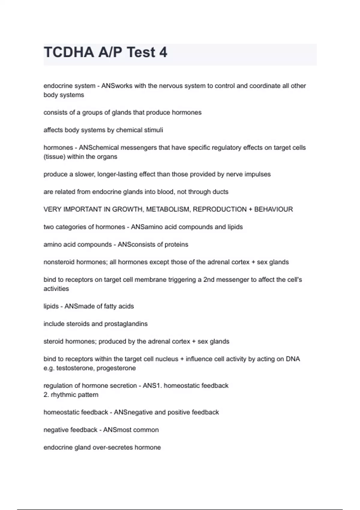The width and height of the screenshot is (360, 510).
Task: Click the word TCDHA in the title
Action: click(69, 52)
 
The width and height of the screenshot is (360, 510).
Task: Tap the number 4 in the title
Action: click(163, 52)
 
